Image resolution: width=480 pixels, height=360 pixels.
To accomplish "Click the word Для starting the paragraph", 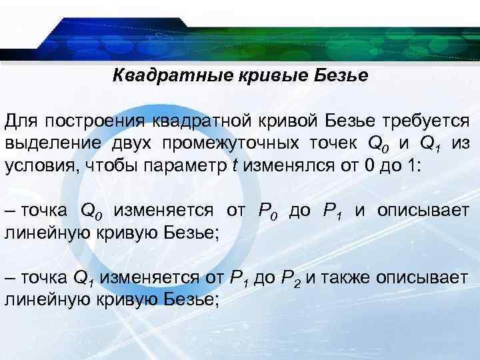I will [x=21, y=122].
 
